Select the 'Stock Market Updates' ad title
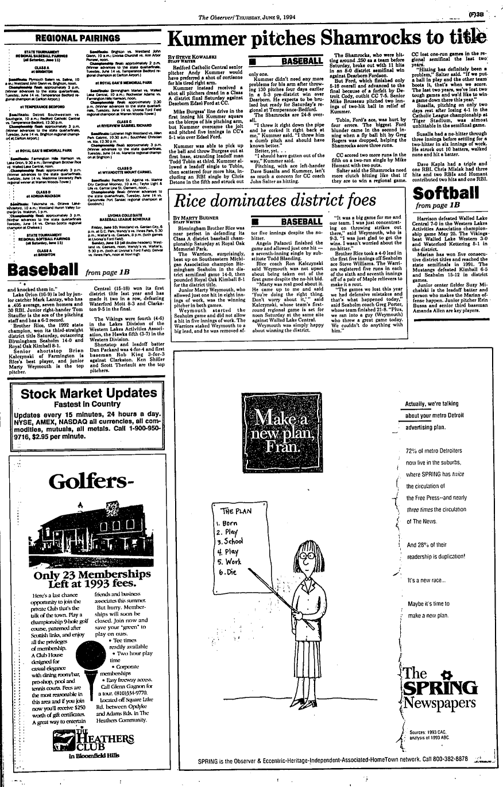coord(88,394)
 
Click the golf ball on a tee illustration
coord(75,658)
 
